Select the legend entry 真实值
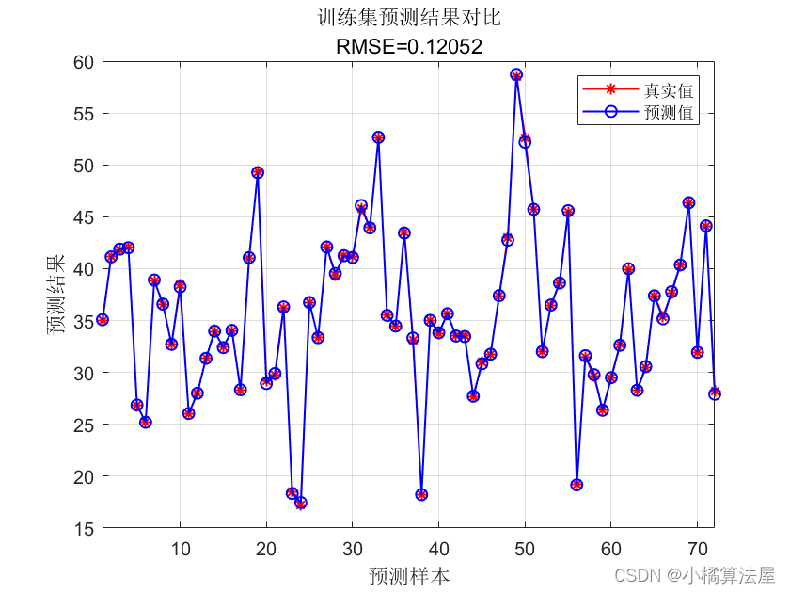pos(669,90)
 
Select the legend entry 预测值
pos(669,112)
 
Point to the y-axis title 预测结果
pos(58,295)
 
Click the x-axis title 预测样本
pos(409,575)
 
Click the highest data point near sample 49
pos(516,74)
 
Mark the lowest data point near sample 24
pos(301,503)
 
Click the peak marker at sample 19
pos(258,172)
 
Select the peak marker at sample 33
pos(378,137)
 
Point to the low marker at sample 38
pos(421,494)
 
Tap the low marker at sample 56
pos(577,485)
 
